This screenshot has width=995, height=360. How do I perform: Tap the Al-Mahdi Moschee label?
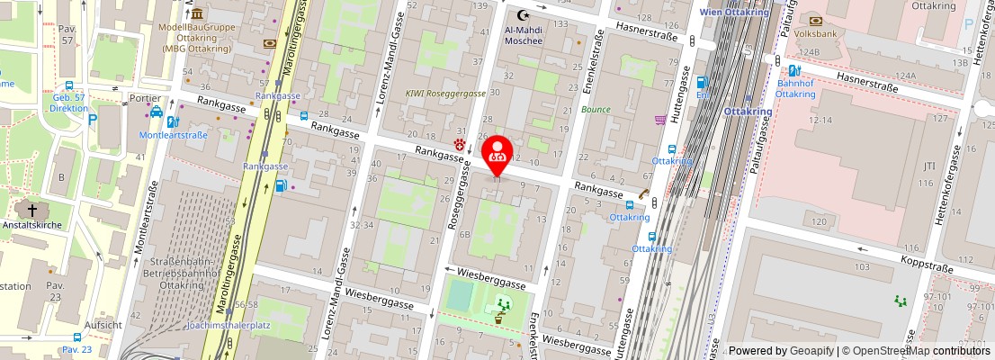pyautogui.click(x=523, y=34)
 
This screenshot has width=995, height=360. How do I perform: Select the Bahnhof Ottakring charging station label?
pyautogui.click(x=794, y=88)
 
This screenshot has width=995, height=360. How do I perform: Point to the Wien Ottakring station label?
pyautogui.click(x=734, y=12)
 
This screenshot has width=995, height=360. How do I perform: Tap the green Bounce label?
pyautogui.click(x=596, y=109)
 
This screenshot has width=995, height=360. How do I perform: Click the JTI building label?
pyautogui.click(x=930, y=166)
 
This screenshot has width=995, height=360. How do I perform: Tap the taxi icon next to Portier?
pyautogui.click(x=157, y=112)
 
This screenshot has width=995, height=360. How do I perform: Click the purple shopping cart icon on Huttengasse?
pyautogui.click(x=661, y=119)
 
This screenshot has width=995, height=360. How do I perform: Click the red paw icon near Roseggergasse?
pyautogui.click(x=460, y=143)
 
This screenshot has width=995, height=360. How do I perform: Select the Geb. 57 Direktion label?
pyautogui.click(x=69, y=102)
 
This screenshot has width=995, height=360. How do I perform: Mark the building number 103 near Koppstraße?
pyautogui.click(x=862, y=267)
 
